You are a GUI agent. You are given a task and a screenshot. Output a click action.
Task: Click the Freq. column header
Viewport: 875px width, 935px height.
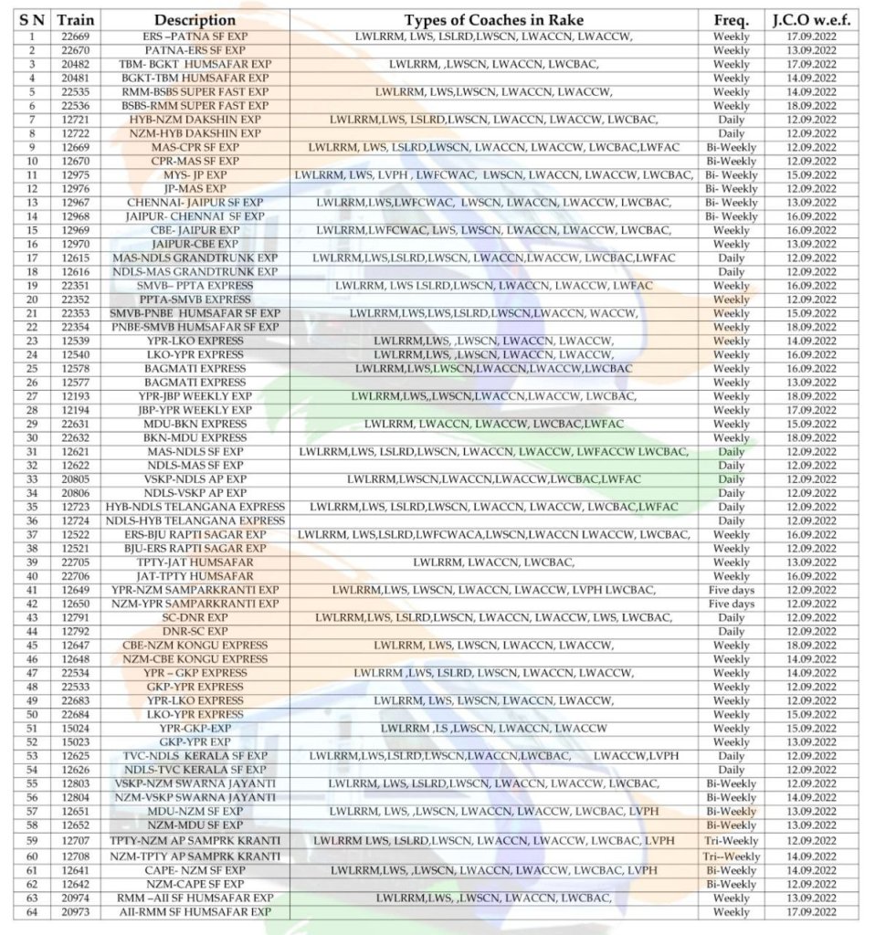pyautogui.click(x=731, y=19)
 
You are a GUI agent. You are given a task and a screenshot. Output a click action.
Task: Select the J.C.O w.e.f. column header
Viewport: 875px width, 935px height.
pyautogui.click(x=811, y=19)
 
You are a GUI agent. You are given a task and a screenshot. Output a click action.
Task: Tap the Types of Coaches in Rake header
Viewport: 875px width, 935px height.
pyautogui.click(x=494, y=19)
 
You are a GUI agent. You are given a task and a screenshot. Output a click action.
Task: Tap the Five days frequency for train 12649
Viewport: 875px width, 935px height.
pyautogui.click(x=731, y=590)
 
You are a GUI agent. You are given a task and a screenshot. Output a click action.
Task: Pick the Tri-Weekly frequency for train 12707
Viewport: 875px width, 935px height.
pyautogui.click(x=731, y=840)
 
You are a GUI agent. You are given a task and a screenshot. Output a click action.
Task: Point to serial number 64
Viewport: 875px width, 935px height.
pyautogui.click(x=32, y=912)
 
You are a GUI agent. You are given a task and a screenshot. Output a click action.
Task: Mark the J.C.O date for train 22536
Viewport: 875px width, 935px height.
pyautogui.click(x=811, y=106)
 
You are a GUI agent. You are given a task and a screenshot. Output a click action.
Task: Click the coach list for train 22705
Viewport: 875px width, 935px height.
pyautogui.click(x=494, y=562)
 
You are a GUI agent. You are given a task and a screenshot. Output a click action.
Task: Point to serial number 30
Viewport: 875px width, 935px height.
pyautogui.click(x=32, y=437)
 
